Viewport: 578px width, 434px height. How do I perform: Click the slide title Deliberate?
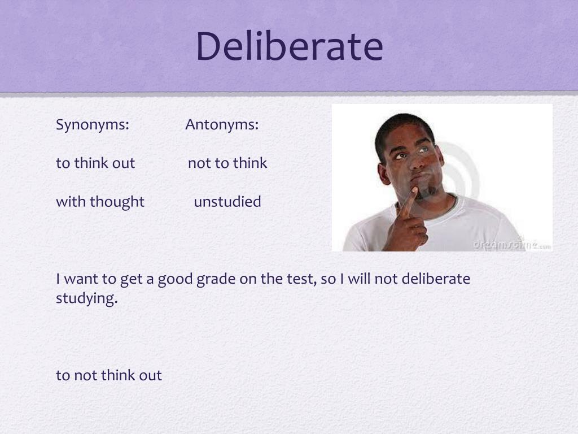pos(289,46)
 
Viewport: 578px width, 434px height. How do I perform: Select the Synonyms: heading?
pos(93,124)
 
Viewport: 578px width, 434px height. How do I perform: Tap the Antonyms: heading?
pos(222,124)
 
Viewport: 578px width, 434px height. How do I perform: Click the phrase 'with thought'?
pos(100,202)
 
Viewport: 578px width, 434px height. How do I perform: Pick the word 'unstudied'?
pos(227,202)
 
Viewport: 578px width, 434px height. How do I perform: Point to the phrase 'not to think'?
pos(227,163)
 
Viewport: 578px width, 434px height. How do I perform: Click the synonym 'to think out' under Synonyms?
pos(95,163)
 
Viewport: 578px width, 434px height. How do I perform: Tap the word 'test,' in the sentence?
pos(299,279)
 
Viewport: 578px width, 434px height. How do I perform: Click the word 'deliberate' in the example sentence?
pos(436,279)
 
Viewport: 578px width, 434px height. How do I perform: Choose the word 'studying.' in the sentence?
pos(86,298)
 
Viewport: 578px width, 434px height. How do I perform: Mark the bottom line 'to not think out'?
pos(109,375)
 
